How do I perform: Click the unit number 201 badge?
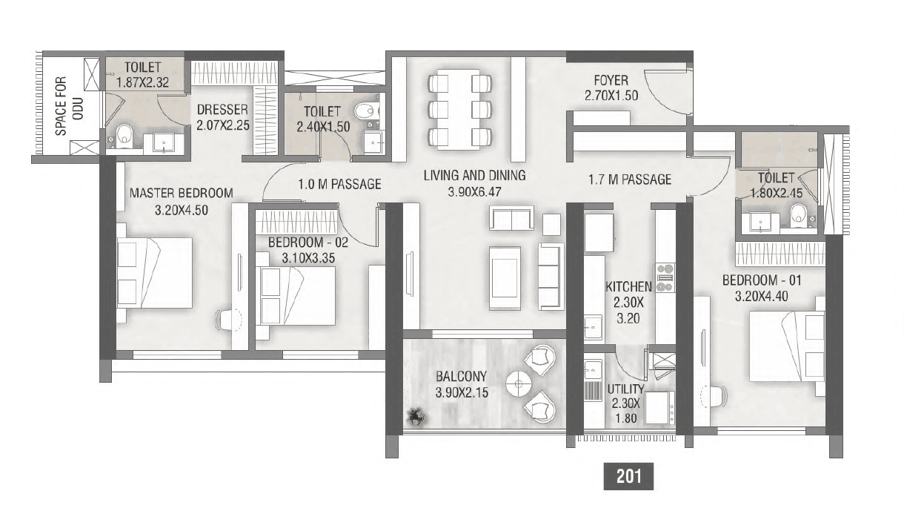click(x=629, y=476)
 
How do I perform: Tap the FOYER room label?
click(x=611, y=80)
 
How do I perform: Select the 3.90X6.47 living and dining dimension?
click(x=474, y=191)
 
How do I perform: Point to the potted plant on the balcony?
click(x=416, y=417)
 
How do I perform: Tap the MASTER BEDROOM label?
click(x=181, y=194)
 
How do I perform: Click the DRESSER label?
click(x=222, y=111)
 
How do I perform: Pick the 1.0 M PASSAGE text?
click(x=339, y=184)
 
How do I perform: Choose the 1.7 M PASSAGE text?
click(x=630, y=179)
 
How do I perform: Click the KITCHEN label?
click(x=628, y=286)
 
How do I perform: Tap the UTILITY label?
click(x=625, y=389)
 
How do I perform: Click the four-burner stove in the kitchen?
click(x=664, y=276)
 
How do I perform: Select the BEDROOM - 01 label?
click(x=762, y=280)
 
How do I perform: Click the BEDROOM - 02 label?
click(x=308, y=243)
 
